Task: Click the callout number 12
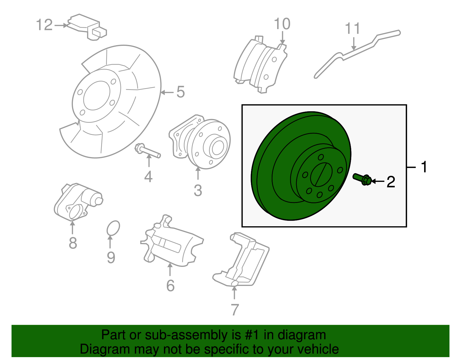pos(45,25)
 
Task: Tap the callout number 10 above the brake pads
pos(282,24)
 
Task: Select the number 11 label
pos(352,29)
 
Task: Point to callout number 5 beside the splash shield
pos(180,92)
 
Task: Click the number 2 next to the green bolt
pos(391,182)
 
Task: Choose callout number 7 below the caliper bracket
pos(235,310)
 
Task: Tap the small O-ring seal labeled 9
pos(113,229)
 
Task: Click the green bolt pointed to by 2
pos(362,179)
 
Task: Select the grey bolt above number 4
pos(148,151)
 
